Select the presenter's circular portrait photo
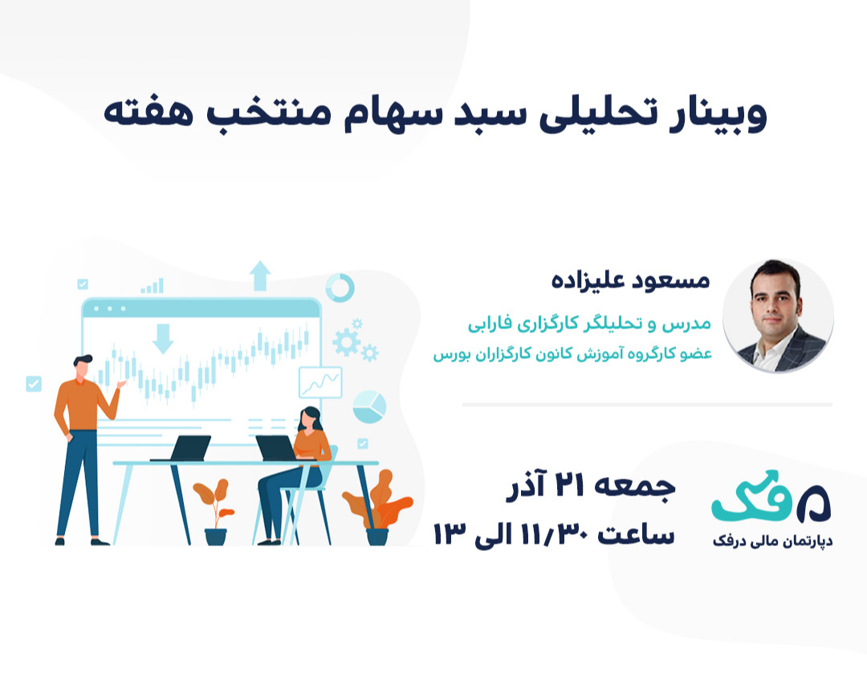tap(778, 316)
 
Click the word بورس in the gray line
tap(451, 353)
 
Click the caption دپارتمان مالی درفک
tap(772, 542)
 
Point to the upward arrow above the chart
tap(260, 276)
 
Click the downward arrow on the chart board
tap(163, 338)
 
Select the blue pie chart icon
tap(368, 406)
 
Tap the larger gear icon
tap(346, 342)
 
